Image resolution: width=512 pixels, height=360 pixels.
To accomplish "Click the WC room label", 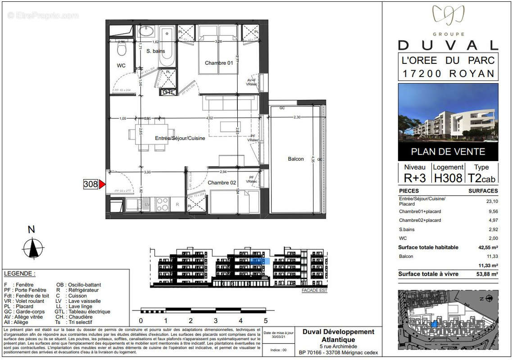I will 121,66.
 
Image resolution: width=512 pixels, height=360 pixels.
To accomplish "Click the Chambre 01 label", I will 219,63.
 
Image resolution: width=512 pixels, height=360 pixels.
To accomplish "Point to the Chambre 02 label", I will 222,183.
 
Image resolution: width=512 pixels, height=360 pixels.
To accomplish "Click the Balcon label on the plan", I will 296,159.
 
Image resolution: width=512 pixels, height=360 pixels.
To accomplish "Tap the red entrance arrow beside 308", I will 102,184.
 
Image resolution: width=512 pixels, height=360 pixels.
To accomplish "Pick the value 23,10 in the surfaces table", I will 492,202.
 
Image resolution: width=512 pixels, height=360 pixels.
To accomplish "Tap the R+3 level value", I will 415,178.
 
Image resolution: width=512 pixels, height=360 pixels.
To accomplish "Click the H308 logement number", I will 448,178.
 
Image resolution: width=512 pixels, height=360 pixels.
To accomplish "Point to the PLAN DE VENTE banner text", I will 448,152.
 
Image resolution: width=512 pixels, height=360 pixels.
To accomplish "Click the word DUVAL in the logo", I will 448,45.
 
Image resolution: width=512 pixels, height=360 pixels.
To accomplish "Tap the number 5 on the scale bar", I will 266,321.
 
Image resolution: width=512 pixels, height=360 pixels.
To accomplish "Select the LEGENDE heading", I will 19,274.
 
